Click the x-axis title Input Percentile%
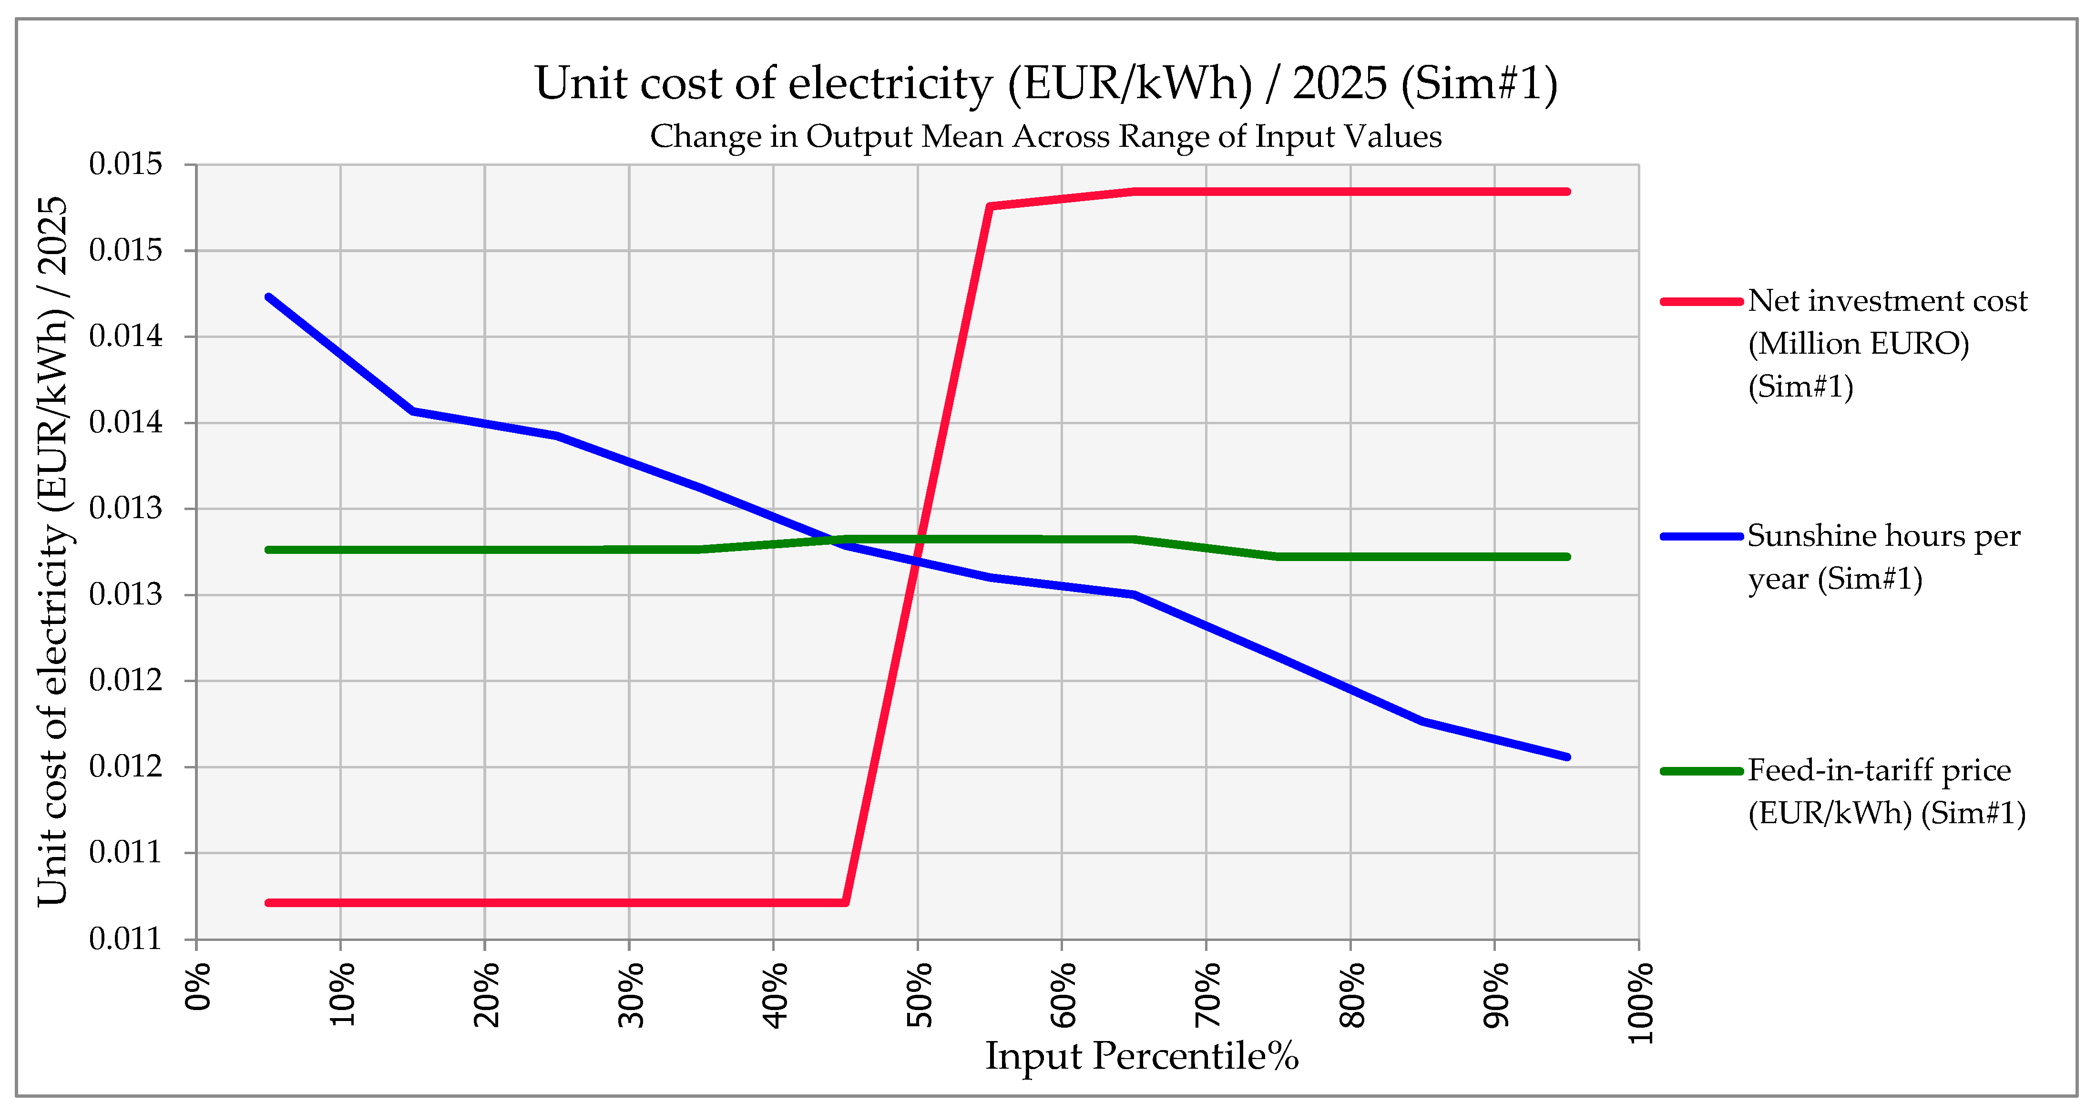pyautogui.click(x=1142, y=1056)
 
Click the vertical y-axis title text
pyautogui.click(x=54, y=551)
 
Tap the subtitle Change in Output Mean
pyautogui.click(x=1045, y=137)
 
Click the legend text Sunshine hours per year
pyautogui.click(x=1883, y=557)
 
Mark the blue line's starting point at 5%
pyautogui.click(x=268, y=297)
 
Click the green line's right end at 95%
pyautogui.click(x=1567, y=557)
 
